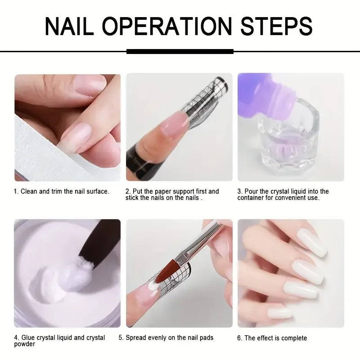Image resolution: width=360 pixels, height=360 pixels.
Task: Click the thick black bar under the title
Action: pyautogui.click(x=180, y=52)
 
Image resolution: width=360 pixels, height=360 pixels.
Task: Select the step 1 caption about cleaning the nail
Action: pyautogui.click(x=62, y=192)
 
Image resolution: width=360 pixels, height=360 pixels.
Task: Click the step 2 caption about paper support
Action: pyautogui.click(x=172, y=195)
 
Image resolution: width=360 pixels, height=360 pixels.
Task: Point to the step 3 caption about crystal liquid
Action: pyautogui.click(x=283, y=195)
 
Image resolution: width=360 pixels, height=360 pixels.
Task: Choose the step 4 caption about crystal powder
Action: pyautogui.click(x=59, y=341)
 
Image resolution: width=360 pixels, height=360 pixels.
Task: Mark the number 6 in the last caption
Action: pyautogui.click(x=239, y=338)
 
